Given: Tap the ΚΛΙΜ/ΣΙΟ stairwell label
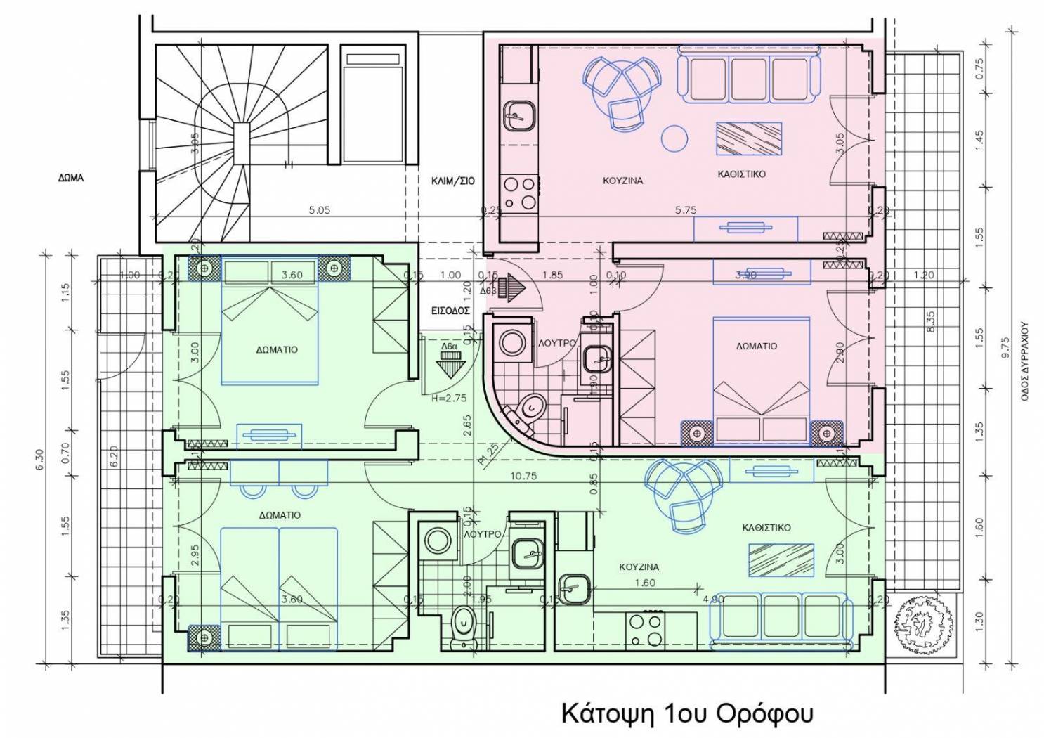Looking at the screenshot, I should [x=452, y=181].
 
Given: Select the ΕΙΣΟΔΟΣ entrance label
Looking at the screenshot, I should [x=450, y=309].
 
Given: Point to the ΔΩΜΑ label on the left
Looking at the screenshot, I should [x=70, y=178].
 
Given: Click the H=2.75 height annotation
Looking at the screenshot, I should [x=448, y=398].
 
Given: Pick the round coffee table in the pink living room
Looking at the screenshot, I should [x=676, y=138].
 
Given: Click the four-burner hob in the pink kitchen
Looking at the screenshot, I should [x=518, y=193].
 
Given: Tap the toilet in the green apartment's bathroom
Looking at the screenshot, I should [x=464, y=622].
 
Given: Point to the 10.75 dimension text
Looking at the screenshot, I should [x=524, y=476].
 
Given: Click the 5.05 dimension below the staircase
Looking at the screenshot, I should [x=319, y=209].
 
